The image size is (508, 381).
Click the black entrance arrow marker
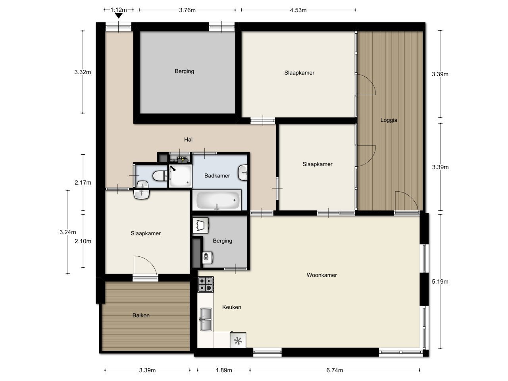[118, 16]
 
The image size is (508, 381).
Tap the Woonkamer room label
[321, 275]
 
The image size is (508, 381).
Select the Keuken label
[231, 307]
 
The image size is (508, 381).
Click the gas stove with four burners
[206, 284]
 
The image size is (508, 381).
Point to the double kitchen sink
[206, 319]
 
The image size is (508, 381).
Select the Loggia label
[389, 120]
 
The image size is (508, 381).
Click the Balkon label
[141, 316]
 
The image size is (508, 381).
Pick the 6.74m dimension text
[334, 371]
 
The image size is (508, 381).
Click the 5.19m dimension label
[440, 282]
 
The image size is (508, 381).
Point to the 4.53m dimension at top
[298, 10]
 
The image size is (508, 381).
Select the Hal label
[188, 139]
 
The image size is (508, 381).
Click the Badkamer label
[217, 175]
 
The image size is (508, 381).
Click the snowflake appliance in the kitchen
[238, 340]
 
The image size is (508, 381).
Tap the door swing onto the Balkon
[145, 267]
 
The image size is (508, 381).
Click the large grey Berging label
[184, 71]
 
